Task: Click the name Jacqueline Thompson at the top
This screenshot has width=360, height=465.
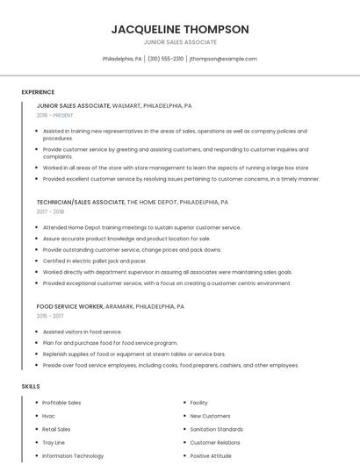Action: [x=180, y=29]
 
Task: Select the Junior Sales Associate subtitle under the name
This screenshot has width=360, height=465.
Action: [x=180, y=42]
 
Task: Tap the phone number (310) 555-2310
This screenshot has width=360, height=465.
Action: [x=166, y=59]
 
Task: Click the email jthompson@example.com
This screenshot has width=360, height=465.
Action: [x=223, y=59]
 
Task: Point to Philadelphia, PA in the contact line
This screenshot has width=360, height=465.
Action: [x=122, y=59]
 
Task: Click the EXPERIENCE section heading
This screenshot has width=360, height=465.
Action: [x=38, y=92]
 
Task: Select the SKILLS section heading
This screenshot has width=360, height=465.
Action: [x=31, y=386]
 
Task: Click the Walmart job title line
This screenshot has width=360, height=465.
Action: [x=114, y=105]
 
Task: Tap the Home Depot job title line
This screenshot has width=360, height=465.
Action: [x=132, y=202]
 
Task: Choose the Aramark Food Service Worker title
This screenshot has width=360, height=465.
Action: [x=110, y=307]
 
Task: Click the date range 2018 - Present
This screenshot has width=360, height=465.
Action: [x=54, y=115]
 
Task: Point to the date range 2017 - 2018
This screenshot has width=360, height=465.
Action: [x=50, y=211]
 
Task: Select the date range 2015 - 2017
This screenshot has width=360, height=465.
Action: [x=50, y=317]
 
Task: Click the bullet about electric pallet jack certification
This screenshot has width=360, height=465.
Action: [x=95, y=261]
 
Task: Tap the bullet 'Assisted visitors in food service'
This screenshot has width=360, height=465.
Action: [x=83, y=332]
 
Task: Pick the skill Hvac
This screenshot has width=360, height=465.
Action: [x=49, y=416]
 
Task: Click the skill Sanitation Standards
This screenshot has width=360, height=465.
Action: [x=216, y=429]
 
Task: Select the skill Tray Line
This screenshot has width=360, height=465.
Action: [x=54, y=442]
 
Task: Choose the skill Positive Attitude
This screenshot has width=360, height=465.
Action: [x=212, y=455]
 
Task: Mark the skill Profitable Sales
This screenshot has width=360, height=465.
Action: [x=61, y=403]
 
